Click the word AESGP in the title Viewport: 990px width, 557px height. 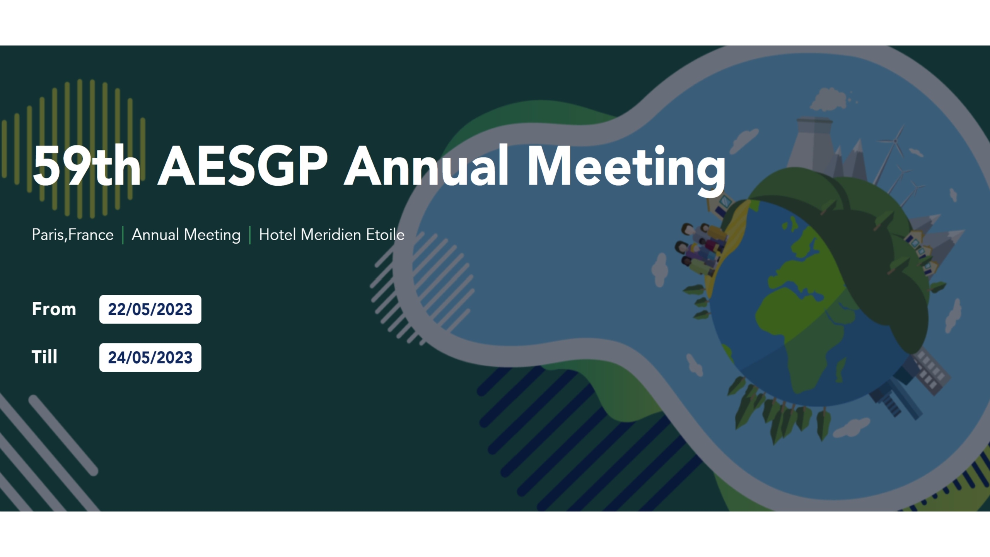point(243,167)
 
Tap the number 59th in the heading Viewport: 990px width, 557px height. point(87,167)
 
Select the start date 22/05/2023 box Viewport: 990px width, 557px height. point(150,309)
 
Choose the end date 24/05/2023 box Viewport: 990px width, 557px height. point(150,357)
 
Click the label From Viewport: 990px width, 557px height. point(54,309)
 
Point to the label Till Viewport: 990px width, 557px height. point(44,357)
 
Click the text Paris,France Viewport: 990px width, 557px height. point(73,235)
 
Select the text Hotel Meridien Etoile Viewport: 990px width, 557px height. point(332,235)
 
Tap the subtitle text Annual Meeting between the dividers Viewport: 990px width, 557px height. point(186,235)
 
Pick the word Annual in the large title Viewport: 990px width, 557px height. point(426,166)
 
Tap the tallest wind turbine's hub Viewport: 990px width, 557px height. point(895,142)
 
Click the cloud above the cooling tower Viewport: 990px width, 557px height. point(828,99)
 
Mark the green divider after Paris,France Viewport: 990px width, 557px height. point(123,235)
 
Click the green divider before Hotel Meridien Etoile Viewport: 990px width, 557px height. point(250,235)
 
